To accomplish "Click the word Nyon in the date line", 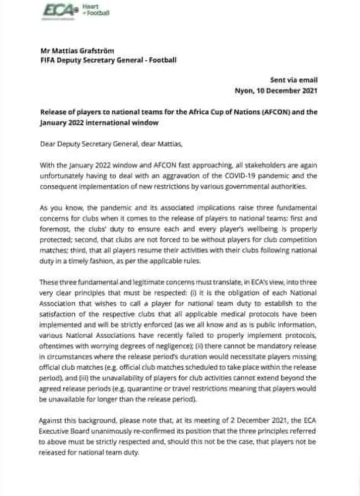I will (x=244, y=90).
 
